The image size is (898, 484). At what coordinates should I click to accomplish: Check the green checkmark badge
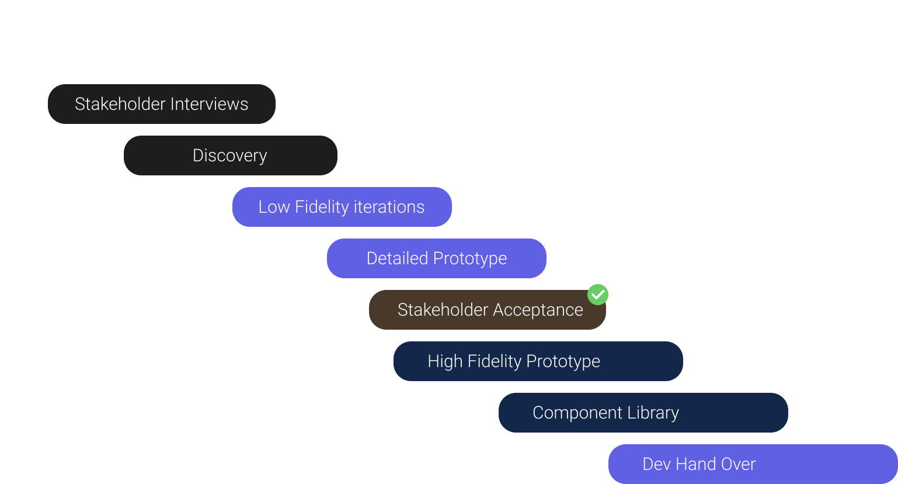tap(598, 295)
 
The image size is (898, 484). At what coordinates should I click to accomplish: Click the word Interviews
tap(210, 104)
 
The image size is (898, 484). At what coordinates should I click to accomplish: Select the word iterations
tap(389, 207)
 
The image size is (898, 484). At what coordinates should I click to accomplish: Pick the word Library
tap(653, 413)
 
